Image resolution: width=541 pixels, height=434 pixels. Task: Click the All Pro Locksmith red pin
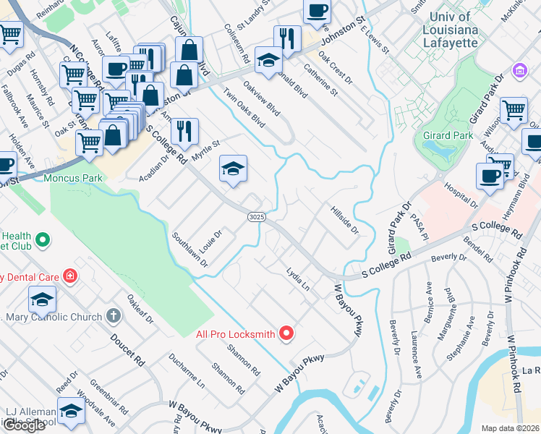(287, 333)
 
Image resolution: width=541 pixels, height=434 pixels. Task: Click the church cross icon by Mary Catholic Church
(112, 315)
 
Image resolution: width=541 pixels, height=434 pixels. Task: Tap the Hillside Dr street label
(345, 219)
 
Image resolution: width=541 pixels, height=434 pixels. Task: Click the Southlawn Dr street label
(189, 250)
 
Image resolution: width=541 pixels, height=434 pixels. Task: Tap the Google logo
(24, 425)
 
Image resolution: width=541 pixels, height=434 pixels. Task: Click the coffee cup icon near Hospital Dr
(490, 176)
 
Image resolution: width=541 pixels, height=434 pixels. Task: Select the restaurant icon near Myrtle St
(184, 130)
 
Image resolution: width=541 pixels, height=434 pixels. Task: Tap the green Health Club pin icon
(43, 238)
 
